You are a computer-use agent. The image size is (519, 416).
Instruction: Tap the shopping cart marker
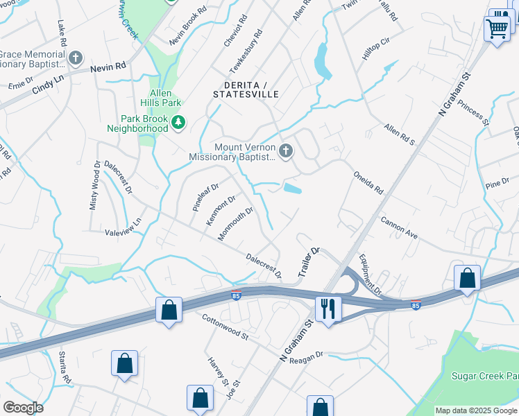point(497,29)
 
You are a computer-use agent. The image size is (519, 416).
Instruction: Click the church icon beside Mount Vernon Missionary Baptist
point(285,150)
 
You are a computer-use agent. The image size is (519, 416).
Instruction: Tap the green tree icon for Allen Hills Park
point(179,123)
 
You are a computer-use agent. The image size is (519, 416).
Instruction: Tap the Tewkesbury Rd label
point(248,52)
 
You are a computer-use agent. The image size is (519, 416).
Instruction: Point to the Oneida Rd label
point(368,182)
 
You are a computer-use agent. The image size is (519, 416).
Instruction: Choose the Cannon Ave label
point(399,227)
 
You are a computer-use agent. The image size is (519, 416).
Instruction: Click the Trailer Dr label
point(308,263)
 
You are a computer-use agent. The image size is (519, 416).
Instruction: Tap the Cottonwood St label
point(225,327)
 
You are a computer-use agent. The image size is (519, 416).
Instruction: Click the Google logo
point(23,408)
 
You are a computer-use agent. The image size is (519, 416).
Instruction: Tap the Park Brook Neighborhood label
point(137,123)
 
